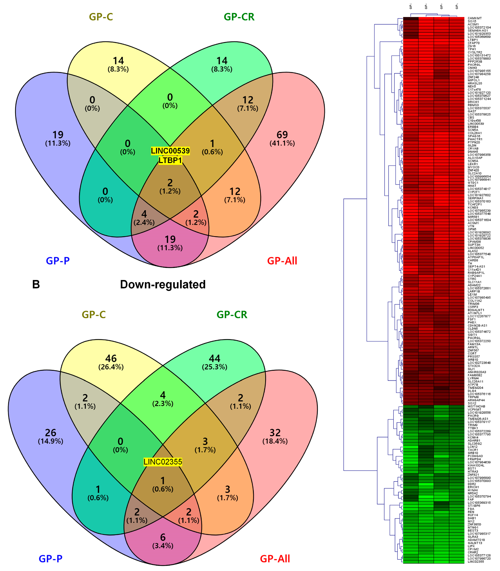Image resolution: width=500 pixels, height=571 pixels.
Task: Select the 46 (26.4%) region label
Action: [x=111, y=362]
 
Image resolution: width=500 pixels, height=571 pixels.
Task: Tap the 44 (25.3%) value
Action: [x=214, y=362]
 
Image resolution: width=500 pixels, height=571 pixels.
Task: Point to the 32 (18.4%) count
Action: [x=275, y=436]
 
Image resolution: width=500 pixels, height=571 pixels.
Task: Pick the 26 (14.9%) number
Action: [x=51, y=436]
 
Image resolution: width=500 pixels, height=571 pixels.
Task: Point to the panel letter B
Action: [x=36, y=285]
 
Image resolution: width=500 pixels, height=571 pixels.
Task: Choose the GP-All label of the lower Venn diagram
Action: [x=275, y=559]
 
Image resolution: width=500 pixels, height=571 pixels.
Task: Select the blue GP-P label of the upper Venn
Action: [x=58, y=261]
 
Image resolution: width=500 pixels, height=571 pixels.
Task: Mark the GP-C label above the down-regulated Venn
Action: [x=94, y=315]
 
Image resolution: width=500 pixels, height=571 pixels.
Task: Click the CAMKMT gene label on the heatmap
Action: [x=475, y=18]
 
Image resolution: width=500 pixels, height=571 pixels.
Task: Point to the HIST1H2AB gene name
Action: [x=476, y=406]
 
